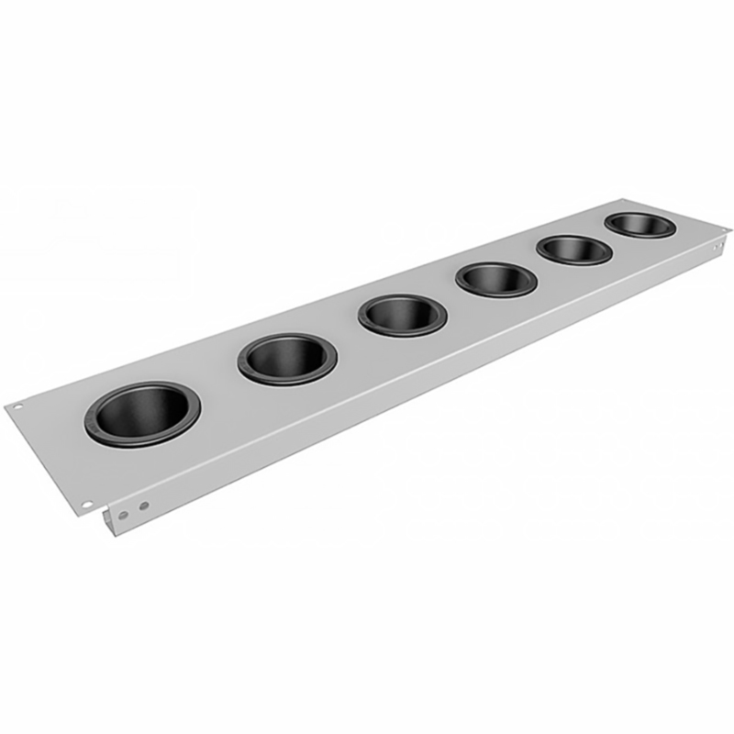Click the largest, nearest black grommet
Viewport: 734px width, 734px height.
[142, 415]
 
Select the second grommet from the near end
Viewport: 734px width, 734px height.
[287, 358]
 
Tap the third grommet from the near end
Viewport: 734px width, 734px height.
[402, 315]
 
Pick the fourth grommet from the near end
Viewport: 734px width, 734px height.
[495, 279]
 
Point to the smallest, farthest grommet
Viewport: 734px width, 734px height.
[640, 225]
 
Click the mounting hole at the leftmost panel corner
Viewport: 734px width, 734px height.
[17, 406]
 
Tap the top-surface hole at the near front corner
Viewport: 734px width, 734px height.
[86, 504]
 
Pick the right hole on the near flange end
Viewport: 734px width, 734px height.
[144, 505]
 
